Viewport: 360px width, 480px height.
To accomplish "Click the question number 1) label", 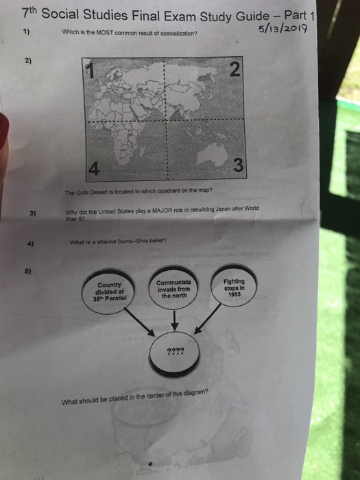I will tap(26, 32).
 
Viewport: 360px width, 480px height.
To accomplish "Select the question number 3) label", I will tap(30, 213).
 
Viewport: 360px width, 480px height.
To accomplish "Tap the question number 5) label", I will tap(29, 269).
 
